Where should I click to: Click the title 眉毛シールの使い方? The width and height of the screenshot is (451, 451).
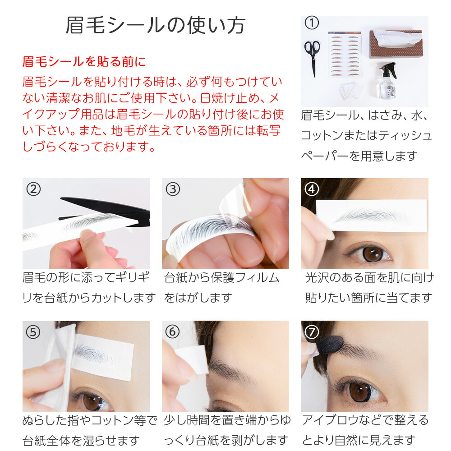point(155,26)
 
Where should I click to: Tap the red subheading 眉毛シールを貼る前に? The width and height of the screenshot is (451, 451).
point(84,61)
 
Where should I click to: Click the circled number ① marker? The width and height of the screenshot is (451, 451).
point(312,23)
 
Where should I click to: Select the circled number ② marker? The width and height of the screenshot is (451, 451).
point(33,189)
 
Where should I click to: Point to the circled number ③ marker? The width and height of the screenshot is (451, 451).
point(173,189)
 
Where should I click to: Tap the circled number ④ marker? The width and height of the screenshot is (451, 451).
point(312,189)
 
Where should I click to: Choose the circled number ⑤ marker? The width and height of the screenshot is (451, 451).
point(33,332)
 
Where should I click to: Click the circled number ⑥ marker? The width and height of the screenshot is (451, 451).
point(172,331)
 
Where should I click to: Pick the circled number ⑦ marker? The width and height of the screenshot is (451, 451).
point(312,332)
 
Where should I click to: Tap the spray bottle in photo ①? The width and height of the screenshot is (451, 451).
point(389,81)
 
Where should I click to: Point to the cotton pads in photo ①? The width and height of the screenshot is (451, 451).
point(350,90)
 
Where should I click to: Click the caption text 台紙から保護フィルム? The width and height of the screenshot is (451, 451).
point(221,278)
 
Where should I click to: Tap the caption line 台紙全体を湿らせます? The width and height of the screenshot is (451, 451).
point(81,440)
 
